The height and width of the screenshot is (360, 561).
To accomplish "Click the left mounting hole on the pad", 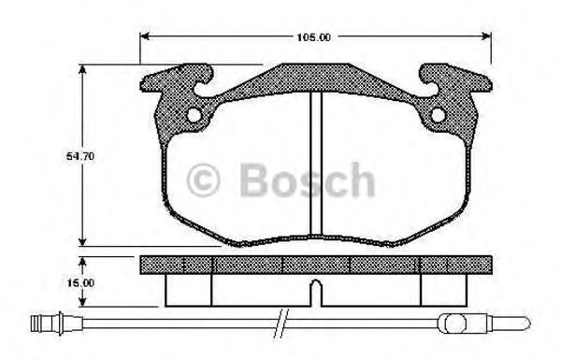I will point(194,116).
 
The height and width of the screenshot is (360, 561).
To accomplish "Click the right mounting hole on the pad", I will point(439,116).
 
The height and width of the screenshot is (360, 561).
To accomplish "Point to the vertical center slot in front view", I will point(316,164).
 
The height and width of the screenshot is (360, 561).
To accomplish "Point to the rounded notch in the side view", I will point(316,293).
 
